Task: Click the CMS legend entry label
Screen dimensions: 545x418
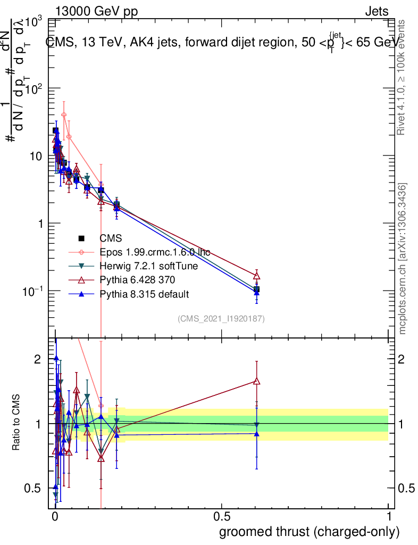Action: coord(110,238)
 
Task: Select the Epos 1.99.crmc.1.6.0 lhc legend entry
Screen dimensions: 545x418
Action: coord(155,252)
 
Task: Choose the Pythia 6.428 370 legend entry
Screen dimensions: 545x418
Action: coord(136,280)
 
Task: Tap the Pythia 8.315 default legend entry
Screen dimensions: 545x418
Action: coord(144,294)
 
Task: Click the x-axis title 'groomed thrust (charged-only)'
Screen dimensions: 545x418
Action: coord(309,532)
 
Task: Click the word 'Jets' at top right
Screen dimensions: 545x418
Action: coord(376,12)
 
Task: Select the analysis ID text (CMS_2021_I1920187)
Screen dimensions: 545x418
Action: coord(221,319)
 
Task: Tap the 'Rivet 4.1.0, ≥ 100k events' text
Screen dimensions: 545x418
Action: coord(402,78)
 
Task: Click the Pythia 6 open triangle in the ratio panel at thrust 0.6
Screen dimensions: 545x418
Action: coord(257,381)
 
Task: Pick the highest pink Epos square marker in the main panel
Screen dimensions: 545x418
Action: coord(64,114)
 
